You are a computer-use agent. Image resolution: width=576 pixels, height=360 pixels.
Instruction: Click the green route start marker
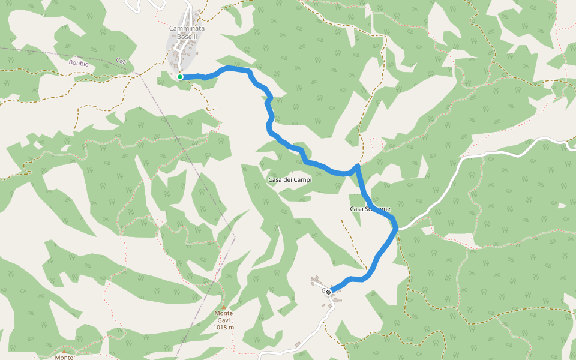pos(179,77)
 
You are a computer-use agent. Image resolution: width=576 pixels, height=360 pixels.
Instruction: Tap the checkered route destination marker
pos(328,292)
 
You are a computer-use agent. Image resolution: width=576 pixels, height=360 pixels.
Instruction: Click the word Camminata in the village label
pos(187,29)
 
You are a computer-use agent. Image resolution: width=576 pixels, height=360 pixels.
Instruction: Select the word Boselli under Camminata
pos(187,37)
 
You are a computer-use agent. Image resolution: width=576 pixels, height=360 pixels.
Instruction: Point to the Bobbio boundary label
pos(78,62)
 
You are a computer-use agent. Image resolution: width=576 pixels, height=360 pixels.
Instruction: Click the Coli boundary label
pos(121,61)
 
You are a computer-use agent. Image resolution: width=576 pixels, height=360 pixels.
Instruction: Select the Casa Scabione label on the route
pos(370,209)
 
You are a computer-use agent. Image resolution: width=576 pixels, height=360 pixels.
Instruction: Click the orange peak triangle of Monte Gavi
pos(224,307)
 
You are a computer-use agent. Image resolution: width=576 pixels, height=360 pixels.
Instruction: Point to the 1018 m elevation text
pos(224,328)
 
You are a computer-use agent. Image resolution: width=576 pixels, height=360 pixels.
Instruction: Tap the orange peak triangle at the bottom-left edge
pos(64,352)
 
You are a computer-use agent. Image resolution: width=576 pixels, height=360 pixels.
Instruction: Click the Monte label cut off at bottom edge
pos(64,358)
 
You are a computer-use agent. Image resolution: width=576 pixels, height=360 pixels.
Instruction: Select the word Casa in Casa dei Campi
pos(275,180)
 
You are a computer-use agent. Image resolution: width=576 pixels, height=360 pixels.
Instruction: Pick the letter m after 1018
pos(232,328)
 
